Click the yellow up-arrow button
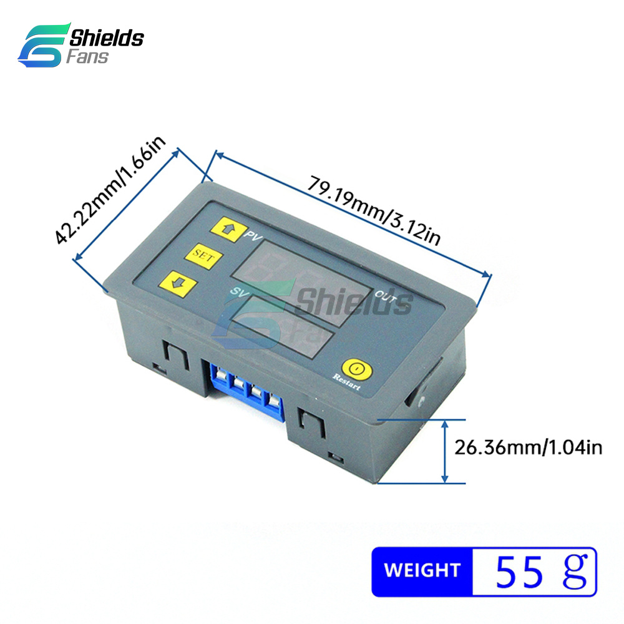[229, 229]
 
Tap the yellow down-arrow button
[178, 284]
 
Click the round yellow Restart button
[357, 369]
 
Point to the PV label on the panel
[253, 236]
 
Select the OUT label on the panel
[386, 296]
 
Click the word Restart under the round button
[346, 382]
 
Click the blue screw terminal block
[245, 391]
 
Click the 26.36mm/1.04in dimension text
[528, 447]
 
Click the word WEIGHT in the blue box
[422, 570]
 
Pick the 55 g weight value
[542, 571]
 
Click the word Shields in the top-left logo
[107, 38]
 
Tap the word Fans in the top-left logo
[87, 57]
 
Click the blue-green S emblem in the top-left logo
[44, 45]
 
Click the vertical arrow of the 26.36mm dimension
[446, 452]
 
